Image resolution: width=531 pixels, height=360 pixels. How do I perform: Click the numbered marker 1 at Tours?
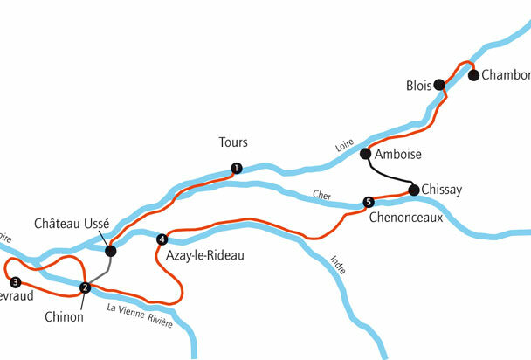tap(236, 168)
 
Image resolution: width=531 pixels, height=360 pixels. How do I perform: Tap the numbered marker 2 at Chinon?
tap(85, 287)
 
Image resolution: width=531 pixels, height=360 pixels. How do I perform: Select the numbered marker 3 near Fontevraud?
tap(15, 281)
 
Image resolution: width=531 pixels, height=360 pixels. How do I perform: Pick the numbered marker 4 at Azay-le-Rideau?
tap(162, 239)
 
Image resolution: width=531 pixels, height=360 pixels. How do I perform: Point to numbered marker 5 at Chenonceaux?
tap(368, 203)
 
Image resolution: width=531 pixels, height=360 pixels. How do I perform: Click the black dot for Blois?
tap(440, 85)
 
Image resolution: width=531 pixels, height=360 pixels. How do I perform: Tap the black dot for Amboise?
tap(365, 154)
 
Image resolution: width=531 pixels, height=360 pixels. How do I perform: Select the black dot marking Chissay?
tap(413, 189)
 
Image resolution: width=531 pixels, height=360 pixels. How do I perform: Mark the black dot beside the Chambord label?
tap(473, 75)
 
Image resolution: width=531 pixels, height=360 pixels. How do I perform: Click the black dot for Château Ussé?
tap(110, 251)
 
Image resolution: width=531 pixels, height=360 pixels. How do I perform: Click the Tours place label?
tap(233, 142)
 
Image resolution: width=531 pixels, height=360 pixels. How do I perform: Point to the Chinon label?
tap(64, 317)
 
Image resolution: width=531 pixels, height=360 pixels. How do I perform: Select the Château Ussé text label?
tap(72, 224)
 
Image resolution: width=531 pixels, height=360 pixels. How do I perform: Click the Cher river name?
tap(319, 194)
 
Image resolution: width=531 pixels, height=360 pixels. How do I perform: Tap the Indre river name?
tap(338, 264)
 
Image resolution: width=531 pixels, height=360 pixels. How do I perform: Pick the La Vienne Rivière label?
tap(139, 317)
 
